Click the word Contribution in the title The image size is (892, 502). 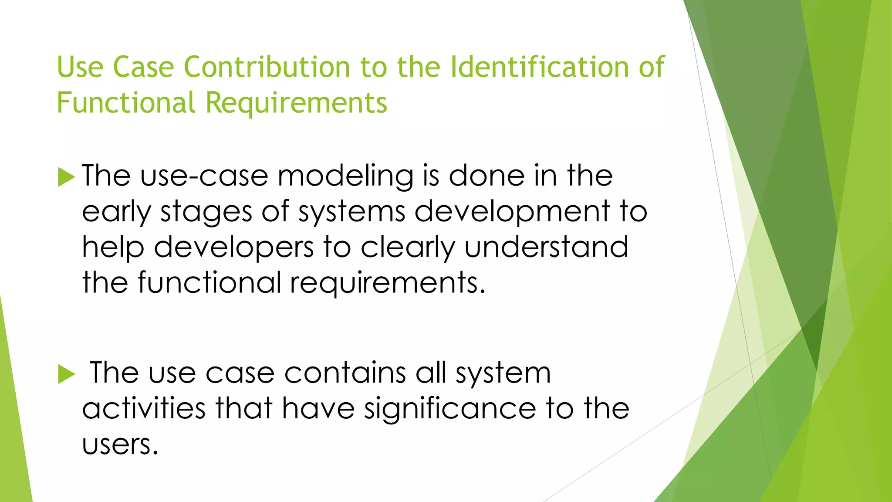pos(267,67)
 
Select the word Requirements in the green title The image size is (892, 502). pos(296,103)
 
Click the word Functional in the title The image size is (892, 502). pos(126,103)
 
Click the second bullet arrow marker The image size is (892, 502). pos(66,374)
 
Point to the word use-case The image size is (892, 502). pos(204,176)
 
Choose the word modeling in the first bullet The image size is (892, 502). pos(345,177)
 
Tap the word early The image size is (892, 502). pos(116,213)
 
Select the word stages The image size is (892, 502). pos(206,213)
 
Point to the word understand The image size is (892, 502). pos(546,247)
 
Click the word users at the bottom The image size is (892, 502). pos(120,445)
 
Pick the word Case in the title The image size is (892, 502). pos(143,67)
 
